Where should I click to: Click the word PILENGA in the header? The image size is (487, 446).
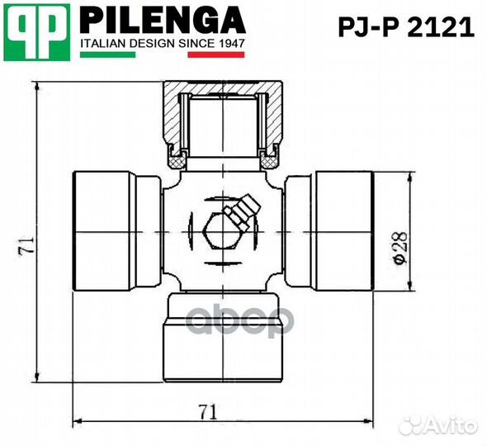(163, 20)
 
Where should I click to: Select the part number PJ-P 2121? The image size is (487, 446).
(407, 27)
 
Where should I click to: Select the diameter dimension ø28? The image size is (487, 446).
(400, 247)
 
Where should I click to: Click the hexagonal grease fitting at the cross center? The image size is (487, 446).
(215, 232)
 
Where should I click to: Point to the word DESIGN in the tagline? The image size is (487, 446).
(150, 42)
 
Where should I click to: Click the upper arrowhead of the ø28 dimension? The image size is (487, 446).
(410, 176)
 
